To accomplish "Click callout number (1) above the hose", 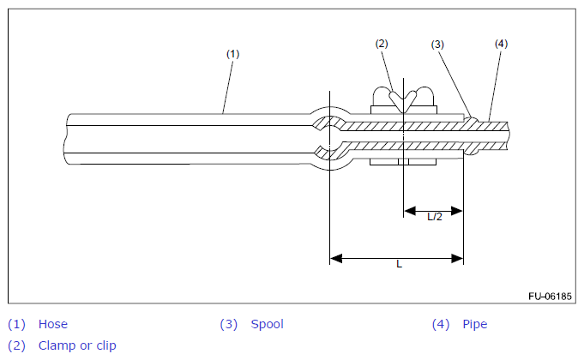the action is (232, 54).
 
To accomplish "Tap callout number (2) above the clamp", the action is (382, 44).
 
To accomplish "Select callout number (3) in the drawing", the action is (437, 45).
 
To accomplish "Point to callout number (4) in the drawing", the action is (501, 44).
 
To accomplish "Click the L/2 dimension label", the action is (435, 217).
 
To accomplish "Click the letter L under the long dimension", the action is (400, 264).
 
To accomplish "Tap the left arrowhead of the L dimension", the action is (336, 258).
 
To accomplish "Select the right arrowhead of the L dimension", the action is (457, 258).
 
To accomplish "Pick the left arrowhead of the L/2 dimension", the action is (410, 211).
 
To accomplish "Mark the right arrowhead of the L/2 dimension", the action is (456, 211).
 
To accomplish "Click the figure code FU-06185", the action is (550, 297).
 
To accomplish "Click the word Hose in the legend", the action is (53, 324).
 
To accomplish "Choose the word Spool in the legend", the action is (267, 324).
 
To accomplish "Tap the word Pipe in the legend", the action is (475, 324).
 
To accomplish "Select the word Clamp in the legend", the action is (57, 345).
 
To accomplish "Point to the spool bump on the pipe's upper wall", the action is (472, 119).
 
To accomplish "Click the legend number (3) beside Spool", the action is (228, 324).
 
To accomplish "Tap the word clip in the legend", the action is (106, 345).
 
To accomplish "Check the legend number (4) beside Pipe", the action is (441, 324).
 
